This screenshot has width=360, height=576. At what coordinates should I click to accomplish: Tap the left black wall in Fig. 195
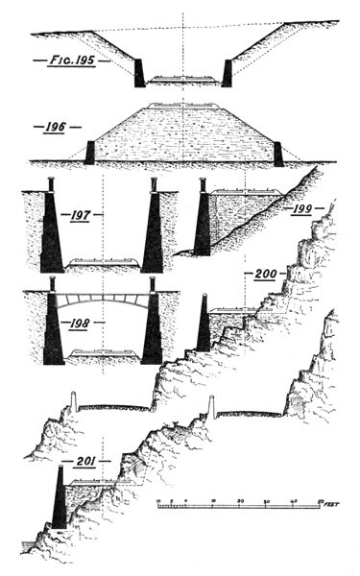click(140, 73)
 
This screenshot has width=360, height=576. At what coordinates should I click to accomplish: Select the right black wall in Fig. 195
click(228, 73)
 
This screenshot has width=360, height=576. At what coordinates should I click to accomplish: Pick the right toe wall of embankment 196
click(277, 152)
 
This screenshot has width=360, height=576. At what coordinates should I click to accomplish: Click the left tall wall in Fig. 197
click(50, 230)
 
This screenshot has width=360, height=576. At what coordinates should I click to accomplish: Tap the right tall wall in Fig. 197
click(152, 230)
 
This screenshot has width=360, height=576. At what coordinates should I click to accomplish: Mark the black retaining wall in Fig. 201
click(60, 504)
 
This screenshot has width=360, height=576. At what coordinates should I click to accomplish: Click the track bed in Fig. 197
click(102, 262)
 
